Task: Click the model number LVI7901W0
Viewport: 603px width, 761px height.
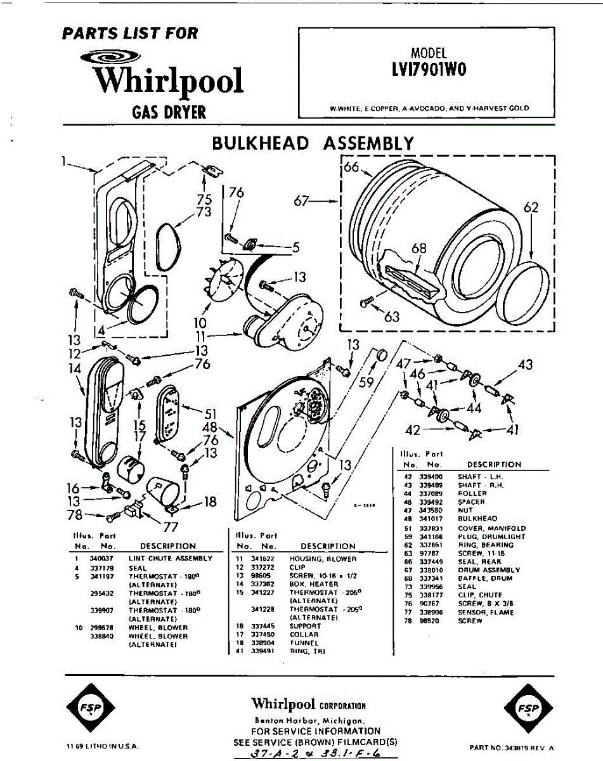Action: tap(429, 70)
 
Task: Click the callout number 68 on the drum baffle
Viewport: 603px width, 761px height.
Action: tap(418, 248)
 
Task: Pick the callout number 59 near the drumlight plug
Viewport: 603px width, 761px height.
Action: tap(367, 382)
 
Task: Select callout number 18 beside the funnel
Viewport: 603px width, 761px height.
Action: tap(210, 502)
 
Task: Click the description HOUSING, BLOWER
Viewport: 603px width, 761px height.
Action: tap(323, 559)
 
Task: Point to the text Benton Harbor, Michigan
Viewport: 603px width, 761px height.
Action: tap(308, 721)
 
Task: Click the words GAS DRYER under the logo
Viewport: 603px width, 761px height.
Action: tap(169, 112)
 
